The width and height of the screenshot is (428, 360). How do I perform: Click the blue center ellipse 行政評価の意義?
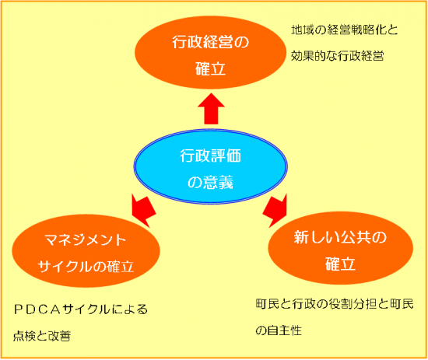[210, 166]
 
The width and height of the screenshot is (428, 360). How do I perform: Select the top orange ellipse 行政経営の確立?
[210, 52]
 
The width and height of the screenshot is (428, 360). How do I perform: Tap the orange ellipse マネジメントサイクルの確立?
[86, 251]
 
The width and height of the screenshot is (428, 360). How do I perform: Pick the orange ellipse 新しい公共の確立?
[340, 248]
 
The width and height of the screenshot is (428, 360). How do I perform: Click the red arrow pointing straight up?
[211, 109]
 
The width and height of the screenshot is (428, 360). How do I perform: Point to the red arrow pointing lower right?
[275, 211]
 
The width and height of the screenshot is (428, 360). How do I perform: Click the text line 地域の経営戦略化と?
[345, 30]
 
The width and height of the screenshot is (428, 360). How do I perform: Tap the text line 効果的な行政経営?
[338, 56]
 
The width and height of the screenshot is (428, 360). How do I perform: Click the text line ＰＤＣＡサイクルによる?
[81, 309]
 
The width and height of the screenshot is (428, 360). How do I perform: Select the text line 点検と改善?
[42, 336]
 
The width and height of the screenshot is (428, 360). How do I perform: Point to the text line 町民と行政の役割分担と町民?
[335, 304]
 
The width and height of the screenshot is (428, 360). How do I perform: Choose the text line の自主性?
[279, 330]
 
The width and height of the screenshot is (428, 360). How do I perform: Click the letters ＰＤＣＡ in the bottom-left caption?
[37, 309]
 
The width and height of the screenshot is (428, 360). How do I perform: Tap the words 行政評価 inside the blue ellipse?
[210, 156]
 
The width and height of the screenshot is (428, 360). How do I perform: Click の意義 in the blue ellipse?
[210, 183]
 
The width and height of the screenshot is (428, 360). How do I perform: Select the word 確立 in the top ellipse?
[210, 68]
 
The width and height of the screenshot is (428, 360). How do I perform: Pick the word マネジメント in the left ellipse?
[85, 240]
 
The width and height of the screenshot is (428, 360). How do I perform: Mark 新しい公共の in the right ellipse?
[340, 237]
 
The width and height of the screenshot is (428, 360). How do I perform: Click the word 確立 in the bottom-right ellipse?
[340, 264]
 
